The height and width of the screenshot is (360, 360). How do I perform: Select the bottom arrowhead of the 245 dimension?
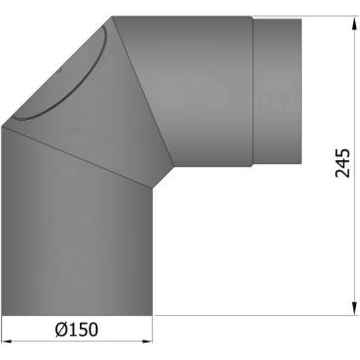click(x=351, y=310)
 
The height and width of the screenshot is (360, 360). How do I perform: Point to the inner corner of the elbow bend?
click(x=153, y=186)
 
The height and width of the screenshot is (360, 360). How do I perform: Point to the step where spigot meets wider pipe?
click(x=253, y=90)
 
